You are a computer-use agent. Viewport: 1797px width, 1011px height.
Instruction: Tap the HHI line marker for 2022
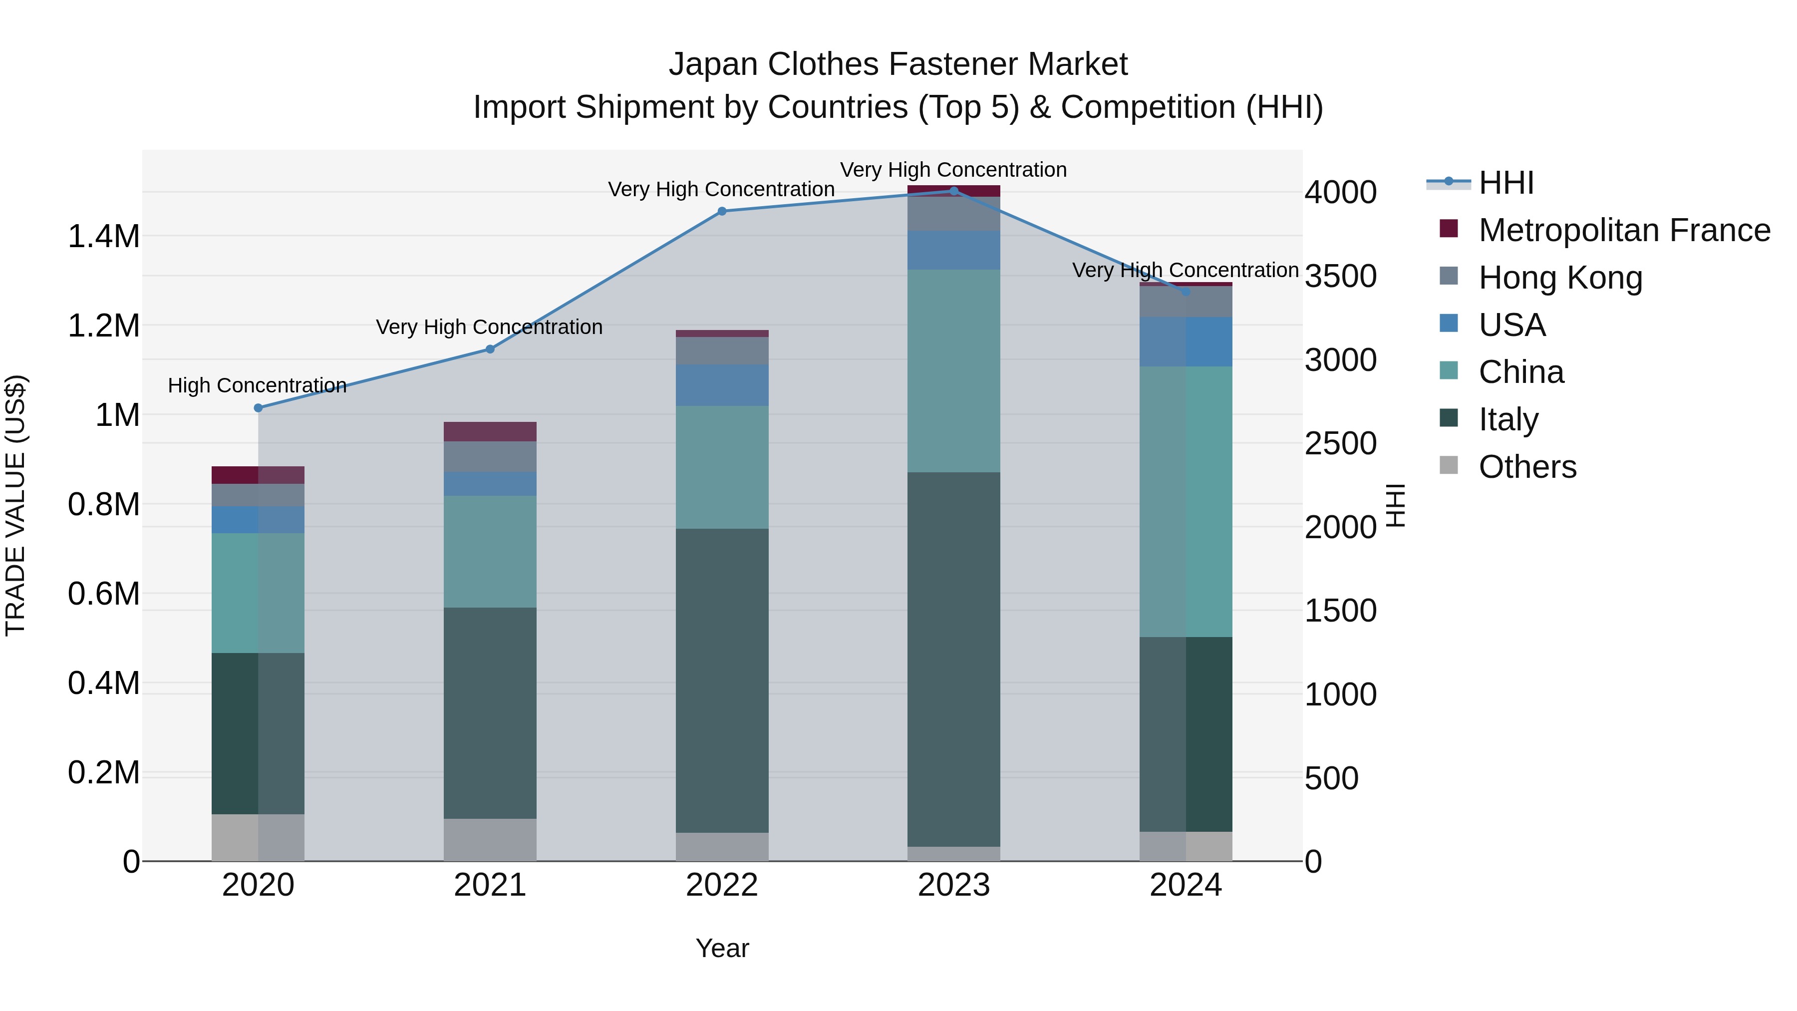pos(722,211)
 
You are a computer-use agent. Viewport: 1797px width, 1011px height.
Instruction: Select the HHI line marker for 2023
pos(953,191)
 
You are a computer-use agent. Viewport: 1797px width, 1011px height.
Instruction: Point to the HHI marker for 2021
pos(490,349)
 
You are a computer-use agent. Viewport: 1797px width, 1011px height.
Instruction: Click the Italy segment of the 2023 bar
pos(953,660)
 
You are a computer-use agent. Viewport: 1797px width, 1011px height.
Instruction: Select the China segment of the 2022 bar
pos(722,467)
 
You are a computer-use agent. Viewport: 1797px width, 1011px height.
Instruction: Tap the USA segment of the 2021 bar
pos(490,483)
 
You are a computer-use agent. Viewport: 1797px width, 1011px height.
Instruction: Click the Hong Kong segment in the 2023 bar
pos(953,214)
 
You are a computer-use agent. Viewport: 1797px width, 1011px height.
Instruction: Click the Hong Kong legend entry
pos(1560,278)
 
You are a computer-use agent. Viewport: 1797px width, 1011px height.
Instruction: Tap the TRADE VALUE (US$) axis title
pos(16,505)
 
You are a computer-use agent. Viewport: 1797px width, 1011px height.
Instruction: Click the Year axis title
pos(722,948)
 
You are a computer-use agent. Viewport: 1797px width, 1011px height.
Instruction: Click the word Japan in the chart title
pos(713,64)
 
